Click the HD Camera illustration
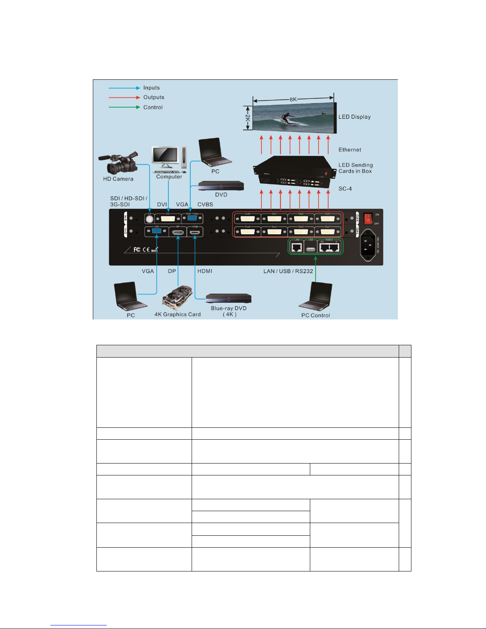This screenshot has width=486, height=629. tap(119, 163)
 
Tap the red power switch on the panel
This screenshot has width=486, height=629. tap(368, 219)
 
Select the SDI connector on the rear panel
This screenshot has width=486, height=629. tap(150, 219)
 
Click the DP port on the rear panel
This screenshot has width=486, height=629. tap(178, 232)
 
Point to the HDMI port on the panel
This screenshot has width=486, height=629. tap(195, 232)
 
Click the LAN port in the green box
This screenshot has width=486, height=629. tap(296, 248)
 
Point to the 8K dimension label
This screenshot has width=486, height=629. tap(293, 99)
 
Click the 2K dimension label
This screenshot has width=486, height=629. tap(247, 118)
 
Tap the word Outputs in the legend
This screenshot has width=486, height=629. tap(154, 97)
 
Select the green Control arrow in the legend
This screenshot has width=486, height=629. tap(124, 107)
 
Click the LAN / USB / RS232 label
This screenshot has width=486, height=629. tap(288, 271)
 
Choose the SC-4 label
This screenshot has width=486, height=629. tap(345, 189)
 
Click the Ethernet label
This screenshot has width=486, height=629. tap(350, 150)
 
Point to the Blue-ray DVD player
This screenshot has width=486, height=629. tap(229, 298)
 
